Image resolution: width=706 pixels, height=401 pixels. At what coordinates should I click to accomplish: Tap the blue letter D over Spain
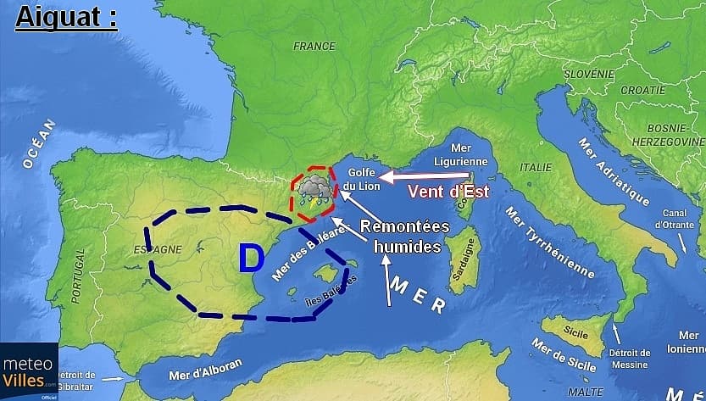pyautogui.click(x=251, y=259)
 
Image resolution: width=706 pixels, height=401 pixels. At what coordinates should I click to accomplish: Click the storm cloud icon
pyautogui.click(x=313, y=192)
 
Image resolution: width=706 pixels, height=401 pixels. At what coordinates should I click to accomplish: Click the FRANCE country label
pyautogui.click(x=314, y=47)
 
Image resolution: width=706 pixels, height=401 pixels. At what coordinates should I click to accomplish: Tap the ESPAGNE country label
pyautogui.click(x=158, y=249)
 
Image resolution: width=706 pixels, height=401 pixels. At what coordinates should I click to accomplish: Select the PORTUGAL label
pyautogui.click(x=79, y=275)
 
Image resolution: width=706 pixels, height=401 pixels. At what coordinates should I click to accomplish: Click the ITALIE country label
pyautogui.click(x=535, y=167)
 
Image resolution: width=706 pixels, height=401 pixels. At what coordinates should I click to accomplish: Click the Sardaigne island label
pyautogui.click(x=464, y=264)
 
